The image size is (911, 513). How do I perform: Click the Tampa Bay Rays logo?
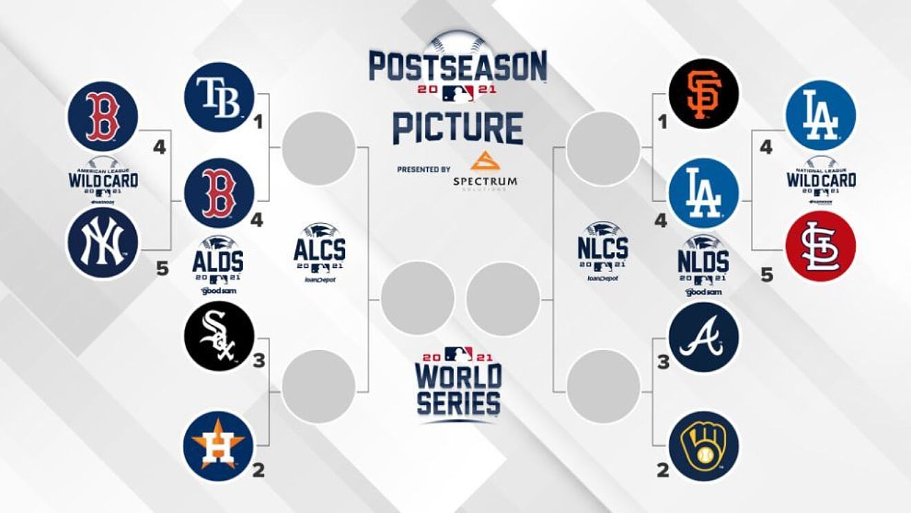click(x=219, y=97)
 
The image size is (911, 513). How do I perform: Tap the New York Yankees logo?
click(x=102, y=243)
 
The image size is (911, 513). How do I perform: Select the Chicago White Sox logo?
click(x=219, y=337)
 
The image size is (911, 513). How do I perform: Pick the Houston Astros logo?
click(x=219, y=445)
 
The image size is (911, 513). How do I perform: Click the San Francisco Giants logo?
click(x=704, y=94)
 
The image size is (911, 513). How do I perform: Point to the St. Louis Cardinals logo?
click(x=821, y=246)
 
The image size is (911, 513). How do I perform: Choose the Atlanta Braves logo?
click(x=704, y=337)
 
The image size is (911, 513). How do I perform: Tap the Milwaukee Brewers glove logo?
click(x=704, y=446)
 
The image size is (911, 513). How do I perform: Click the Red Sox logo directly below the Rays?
click(x=219, y=193)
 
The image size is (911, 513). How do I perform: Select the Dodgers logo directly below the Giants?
click(x=704, y=193)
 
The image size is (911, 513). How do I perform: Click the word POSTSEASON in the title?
click(x=458, y=67)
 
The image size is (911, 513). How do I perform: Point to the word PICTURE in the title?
click(x=458, y=128)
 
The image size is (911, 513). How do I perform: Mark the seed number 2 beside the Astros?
click(x=258, y=471)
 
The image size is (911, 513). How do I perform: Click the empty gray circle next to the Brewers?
click(x=603, y=386)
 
